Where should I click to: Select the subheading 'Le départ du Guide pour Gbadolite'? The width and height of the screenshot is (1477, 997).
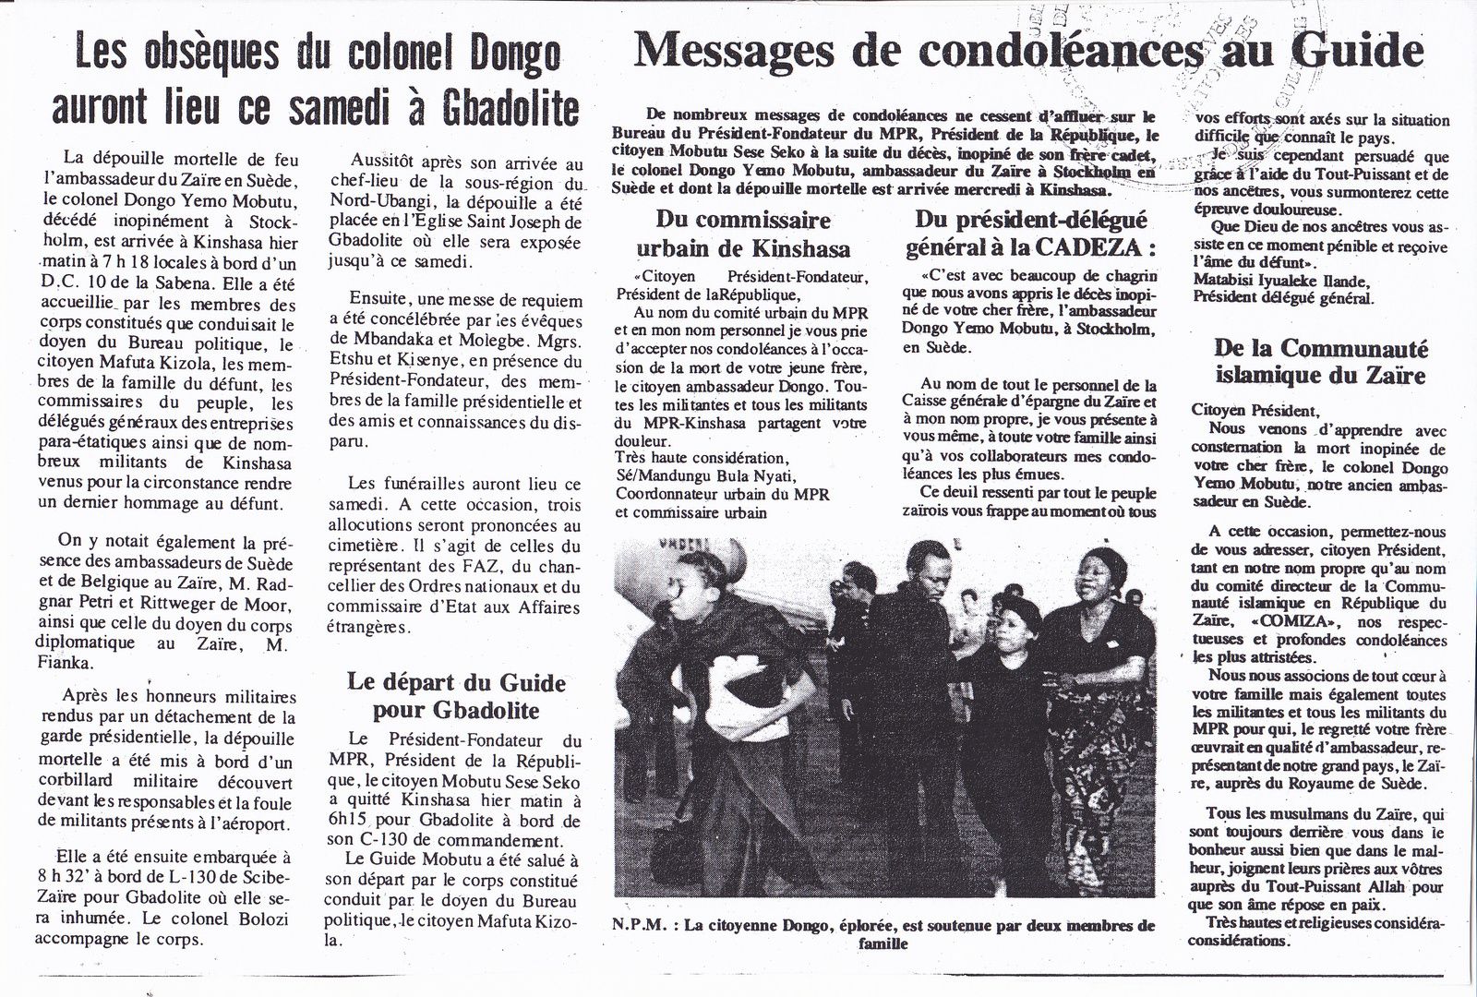(x=456, y=697)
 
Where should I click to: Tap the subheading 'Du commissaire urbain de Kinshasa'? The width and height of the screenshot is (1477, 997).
(x=743, y=234)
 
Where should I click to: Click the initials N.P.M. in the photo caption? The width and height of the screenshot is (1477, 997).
(x=636, y=924)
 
